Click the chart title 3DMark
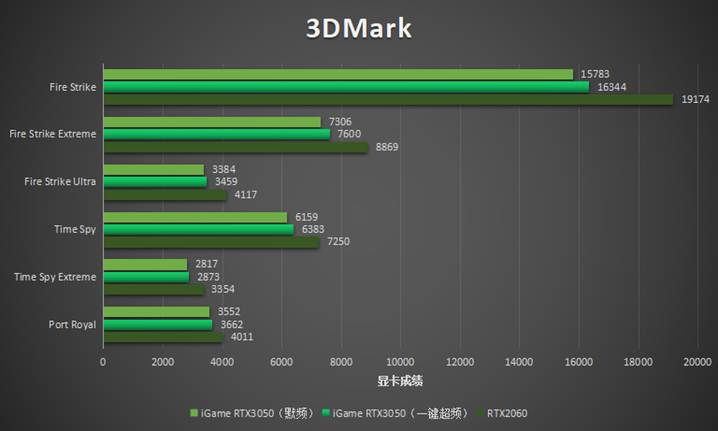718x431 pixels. [x=359, y=29]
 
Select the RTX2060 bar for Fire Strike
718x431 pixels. [x=388, y=100]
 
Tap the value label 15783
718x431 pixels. [x=595, y=75]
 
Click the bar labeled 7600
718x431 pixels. [x=216, y=134]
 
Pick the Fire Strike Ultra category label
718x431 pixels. [x=60, y=182]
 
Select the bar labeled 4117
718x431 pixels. [x=165, y=195]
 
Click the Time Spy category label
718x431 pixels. [x=75, y=230]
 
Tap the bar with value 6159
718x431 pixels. [x=195, y=217]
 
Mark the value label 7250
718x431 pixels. [x=338, y=242]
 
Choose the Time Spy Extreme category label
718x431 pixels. [x=55, y=277]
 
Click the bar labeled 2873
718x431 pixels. [x=146, y=277]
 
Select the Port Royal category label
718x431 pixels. [x=72, y=325]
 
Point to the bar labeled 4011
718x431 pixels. [x=163, y=337]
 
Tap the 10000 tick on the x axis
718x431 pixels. [x=400, y=362]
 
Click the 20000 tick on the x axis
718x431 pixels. [x=697, y=362]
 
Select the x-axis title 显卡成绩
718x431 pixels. [x=400, y=382]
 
